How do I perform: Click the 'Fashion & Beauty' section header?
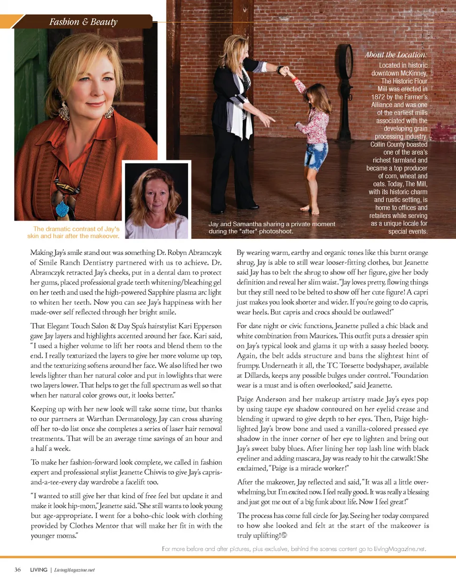[83, 22]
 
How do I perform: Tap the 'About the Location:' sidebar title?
[396, 55]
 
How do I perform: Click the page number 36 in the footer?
[17, 570]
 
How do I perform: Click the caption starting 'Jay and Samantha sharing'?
[272, 227]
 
